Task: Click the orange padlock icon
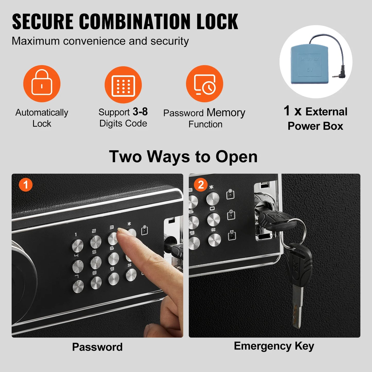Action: pyautogui.click(x=42, y=83)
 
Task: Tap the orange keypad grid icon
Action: pyautogui.click(x=123, y=85)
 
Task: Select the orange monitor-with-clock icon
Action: pyautogui.click(x=204, y=84)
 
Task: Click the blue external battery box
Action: pyautogui.click(x=310, y=64)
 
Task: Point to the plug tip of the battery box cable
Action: pyautogui.click(x=334, y=76)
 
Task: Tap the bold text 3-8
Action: pyautogui.click(x=140, y=112)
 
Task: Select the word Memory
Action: pyautogui.click(x=226, y=113)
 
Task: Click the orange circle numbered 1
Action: pyautogui.click(x=25, y=185)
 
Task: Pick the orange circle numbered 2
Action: pyautogui.click(x=201, y=185)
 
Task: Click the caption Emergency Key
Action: pyautogui.click(x=274, y=346)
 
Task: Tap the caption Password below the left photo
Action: pyautogui.click(x=97, y=347)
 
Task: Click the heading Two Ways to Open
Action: pyautogui.click(x=183, y=157)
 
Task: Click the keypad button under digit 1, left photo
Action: pyautogui.click(x=77, y=245)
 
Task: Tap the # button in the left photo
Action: pyautogui.click(x=131, y=275)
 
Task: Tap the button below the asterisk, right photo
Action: pyautogui.click(x=213, y=198)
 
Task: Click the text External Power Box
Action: pyautogui.click(x=315, y=119)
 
